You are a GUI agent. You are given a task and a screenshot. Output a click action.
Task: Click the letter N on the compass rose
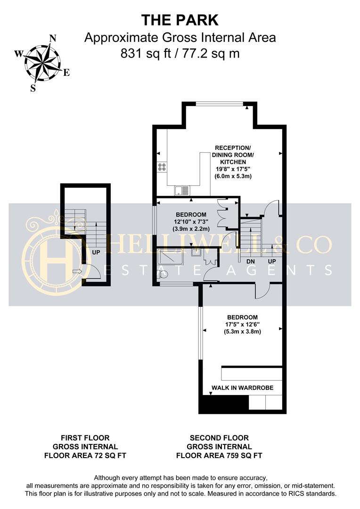click(x=53, y=38)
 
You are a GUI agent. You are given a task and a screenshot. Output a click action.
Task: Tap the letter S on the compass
click(x=33, y=88)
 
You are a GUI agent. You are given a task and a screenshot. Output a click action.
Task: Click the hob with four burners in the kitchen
click(x=162, y=166)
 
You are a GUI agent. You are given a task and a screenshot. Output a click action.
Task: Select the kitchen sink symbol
click(x=182, y=190)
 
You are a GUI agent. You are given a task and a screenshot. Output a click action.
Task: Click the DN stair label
click(x=251, y=261)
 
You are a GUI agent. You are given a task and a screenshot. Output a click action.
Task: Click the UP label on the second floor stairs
click(x=272, y=261)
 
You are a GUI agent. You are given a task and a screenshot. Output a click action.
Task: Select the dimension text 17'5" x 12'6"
click(x=242, y=324)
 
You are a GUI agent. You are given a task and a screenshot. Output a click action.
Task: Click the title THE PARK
click(x=180, y=20)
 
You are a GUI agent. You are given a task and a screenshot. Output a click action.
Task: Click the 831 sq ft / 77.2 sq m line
click(x=180, y=53)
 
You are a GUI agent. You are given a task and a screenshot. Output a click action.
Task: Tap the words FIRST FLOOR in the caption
click(x=85, y=438)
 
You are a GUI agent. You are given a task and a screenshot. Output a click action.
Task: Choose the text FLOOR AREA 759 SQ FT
click(x=219, y=455)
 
